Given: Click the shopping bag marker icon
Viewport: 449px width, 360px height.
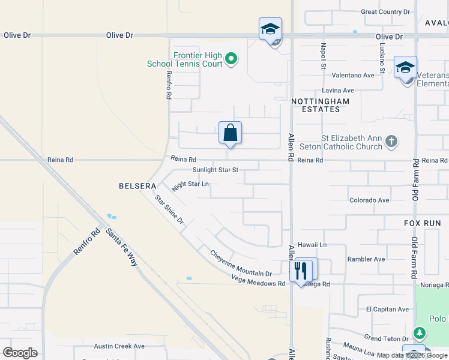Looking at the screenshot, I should coord(231,133).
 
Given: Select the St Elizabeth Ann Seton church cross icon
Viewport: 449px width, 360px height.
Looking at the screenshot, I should coord(391,142).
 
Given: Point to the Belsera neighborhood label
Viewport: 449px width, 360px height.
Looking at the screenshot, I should coord(137,187).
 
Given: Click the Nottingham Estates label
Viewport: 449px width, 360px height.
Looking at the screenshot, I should coord(320,106).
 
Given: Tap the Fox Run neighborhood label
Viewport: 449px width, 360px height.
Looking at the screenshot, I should coord(422,223).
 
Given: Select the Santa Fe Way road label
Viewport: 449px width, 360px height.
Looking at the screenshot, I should coord(121,247).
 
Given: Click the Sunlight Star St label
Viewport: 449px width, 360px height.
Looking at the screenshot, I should coord(215,170).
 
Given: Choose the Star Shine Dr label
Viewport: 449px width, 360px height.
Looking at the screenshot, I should coord(169,210).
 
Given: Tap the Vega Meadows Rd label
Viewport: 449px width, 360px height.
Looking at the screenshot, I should coord(259,280).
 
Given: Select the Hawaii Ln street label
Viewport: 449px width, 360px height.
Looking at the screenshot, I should coord(313,245).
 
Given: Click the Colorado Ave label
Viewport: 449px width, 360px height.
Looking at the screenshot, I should coord(369,200).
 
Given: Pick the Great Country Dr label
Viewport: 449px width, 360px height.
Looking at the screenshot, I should coord(385,11).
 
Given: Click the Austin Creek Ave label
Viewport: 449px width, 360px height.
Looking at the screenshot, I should coord(119,346).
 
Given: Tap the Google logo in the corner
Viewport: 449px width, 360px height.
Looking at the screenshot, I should coord(20,353).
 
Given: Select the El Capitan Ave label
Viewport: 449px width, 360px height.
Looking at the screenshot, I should coord(387,309).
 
